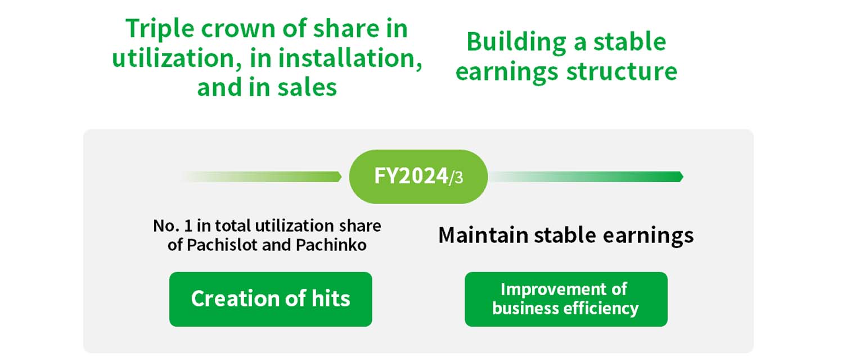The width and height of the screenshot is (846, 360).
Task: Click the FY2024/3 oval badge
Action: pyautogui.click(x=418, y=177)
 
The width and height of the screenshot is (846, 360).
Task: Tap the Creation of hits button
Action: pyautogui.click(x=271, y=299)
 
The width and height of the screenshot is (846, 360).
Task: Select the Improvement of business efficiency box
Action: pyautogui.click(x=566, y=299)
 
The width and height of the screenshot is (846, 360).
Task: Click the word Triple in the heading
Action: pyautogui.click(x=160, y=29)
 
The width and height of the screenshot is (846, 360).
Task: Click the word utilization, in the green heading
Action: pyautogui.click(x=177, y=58)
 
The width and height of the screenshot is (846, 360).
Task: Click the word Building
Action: pyautogui.click(x=516, y=42)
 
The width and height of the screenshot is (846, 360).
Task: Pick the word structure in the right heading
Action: pyautogui.click(x=622, y=71)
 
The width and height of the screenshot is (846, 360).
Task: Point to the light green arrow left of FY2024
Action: pyautogui.click(x=262, y=177)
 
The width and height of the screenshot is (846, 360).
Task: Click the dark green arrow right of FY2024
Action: pyautogui.click(x=587, y=177)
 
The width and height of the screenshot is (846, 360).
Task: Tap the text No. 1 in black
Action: pyautogui.click(x=173, y=226)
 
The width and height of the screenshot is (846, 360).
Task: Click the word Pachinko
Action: pyautogui.click(x=331, y=245)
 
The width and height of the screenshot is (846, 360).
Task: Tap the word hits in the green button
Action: pyautogui.click(x=331, y=299)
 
